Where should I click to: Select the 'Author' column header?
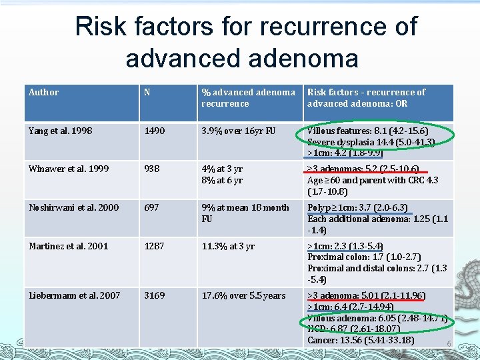click(44, 93)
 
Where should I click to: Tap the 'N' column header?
click(147, 93)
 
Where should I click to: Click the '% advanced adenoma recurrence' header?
click(248, 98)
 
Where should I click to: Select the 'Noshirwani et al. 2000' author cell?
click(73, 207)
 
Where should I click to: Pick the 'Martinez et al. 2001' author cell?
click(69, 246)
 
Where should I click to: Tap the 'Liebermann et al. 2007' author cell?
click(74, 295)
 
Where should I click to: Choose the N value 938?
click(152, 169)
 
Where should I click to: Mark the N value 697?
click(152, 207)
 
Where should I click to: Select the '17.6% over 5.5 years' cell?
click(243, 295)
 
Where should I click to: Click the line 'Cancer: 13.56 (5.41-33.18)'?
click(361, 341)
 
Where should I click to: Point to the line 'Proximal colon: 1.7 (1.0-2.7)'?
click(364, 257)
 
